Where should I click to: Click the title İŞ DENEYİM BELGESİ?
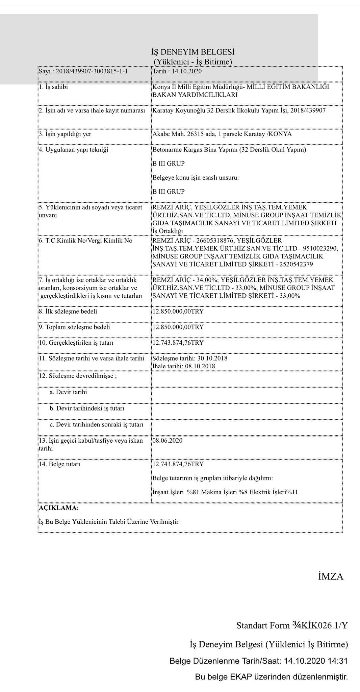coord(192,52)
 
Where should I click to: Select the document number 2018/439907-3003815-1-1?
coord(92,72)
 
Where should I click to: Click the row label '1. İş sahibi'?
coord(53,87)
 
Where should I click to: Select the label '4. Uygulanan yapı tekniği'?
coord(73,150)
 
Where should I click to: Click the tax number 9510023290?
coord(322,248)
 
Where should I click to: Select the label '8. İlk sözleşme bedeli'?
coord(68,311)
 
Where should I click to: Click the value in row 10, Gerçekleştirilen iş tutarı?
coord(178,343)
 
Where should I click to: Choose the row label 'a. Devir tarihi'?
coord(68,392)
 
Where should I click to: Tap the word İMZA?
coord(330,577)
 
